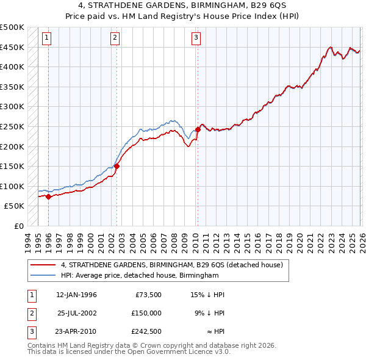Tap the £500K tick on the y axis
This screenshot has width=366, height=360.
[12, 27]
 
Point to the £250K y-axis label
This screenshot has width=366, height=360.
[12, 126]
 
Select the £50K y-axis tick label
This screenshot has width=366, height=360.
[15, 206]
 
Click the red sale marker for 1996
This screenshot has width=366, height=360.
[48, 196]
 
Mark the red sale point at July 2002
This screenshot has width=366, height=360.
[117, 166]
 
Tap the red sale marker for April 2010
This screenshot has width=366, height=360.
[198, 129]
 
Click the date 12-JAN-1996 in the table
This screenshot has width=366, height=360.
[76, 295]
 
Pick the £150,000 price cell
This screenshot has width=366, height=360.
[146, 312]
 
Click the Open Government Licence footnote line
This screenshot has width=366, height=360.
[129, 352]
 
